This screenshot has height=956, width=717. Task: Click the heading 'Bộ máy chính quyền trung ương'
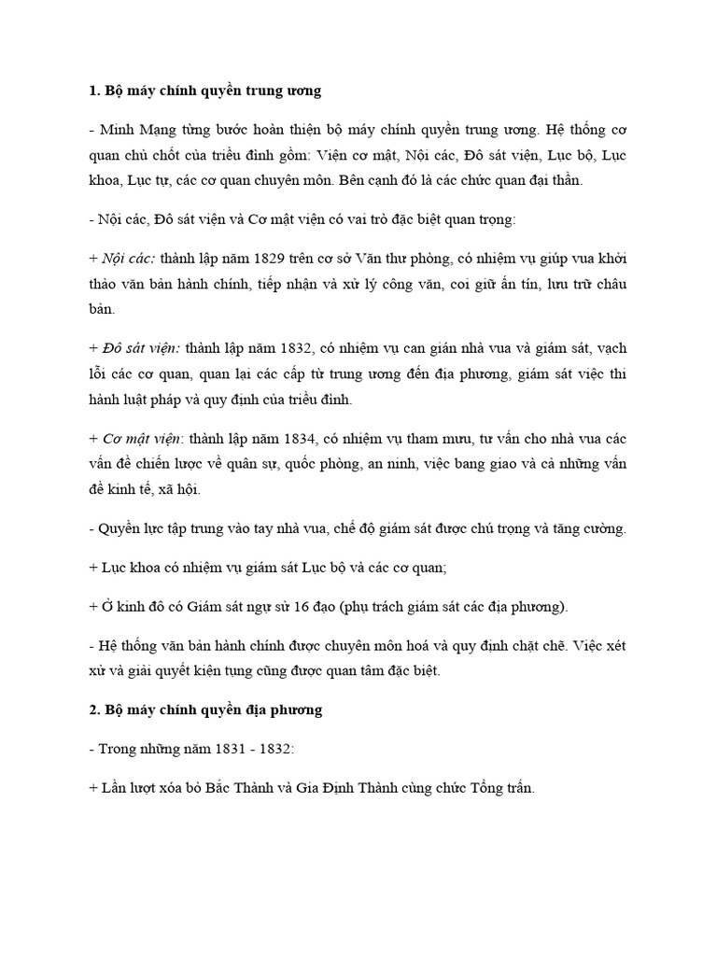click(x=211, y=92)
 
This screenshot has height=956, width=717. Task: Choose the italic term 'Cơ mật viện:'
click(x=142, y=442)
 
